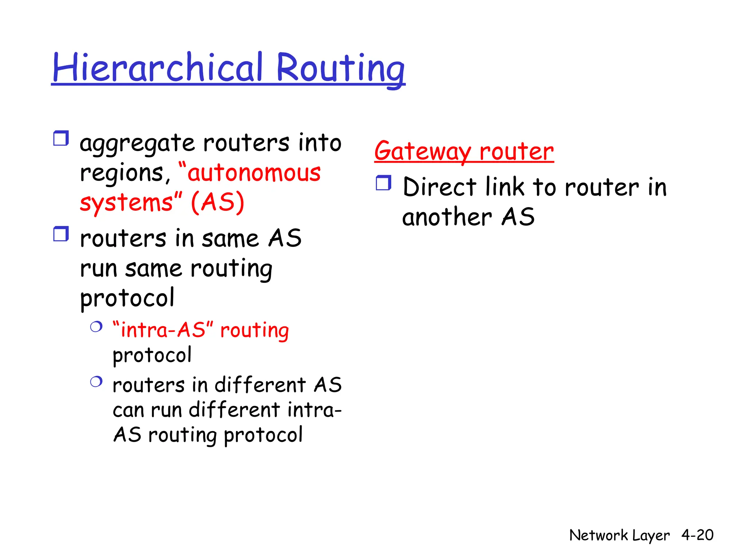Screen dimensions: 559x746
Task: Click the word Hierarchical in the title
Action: point(157,68)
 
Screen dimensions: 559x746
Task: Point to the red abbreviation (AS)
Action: point(217,202)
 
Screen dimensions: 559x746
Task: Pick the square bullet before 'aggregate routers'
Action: point(61,139)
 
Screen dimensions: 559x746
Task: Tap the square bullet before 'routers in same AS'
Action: point(61,234)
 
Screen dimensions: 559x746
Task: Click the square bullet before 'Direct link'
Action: point(383,183)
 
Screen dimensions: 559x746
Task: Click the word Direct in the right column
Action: point(439,187)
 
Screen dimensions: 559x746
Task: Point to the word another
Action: point(447,217)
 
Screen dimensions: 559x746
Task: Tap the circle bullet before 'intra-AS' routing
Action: point(96,326)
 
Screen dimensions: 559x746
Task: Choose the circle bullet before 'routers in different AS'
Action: point(96,382)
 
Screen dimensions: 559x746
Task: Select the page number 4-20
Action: point(697,535)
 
